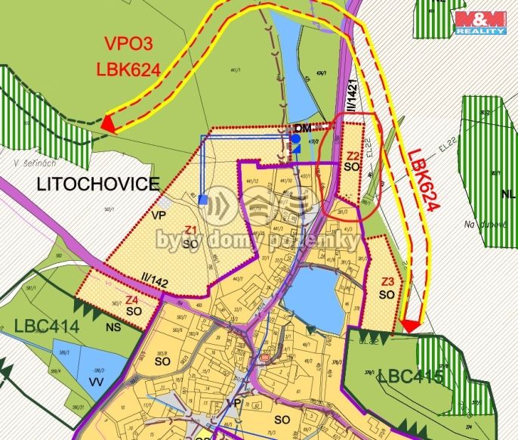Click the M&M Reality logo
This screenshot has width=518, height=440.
click(479, 22)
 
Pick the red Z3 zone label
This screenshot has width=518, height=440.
click(387, 283)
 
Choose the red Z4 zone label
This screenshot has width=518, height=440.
click(131, 299)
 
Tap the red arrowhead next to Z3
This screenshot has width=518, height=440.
click(409, 325)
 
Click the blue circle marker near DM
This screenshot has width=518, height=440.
click(295, 139)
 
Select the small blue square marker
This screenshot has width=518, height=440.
click(203, 200)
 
